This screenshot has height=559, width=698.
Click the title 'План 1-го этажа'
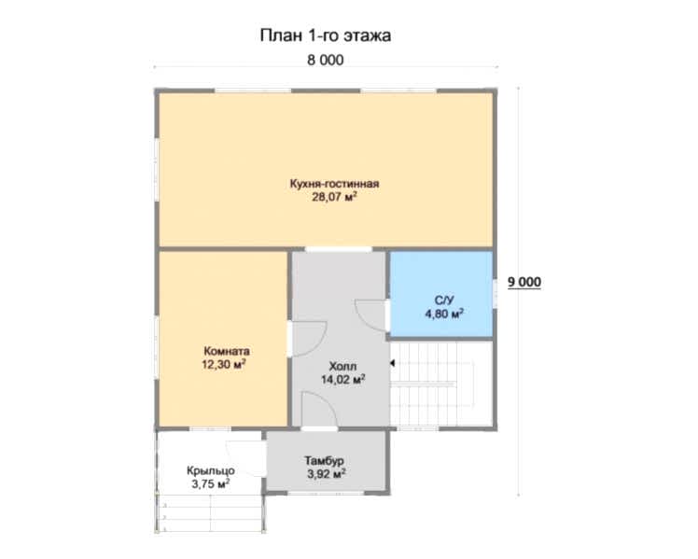click(x=326, y=35)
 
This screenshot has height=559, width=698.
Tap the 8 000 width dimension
click(x=326, y=60)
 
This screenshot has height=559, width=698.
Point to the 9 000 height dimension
click(x=524, y=282)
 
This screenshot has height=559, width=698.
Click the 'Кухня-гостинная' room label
click(x=334, y=183)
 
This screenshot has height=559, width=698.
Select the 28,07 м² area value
click(x=334, y=197)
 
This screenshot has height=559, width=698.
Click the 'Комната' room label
click(x=227, y=351)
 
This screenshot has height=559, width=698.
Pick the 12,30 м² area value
click(x=224, y=364)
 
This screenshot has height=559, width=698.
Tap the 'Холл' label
click(x=342, y=366)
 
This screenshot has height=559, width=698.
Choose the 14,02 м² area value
click(x=343, y=379)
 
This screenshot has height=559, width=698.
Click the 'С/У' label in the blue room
click(x=444, y=300)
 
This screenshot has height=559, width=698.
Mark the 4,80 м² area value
click(x=444, y=314)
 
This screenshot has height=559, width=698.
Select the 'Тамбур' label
click(x=324, y=461)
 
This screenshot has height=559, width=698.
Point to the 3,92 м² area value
click(x=327, y=474)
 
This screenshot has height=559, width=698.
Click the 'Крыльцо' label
click(x=211, y=470)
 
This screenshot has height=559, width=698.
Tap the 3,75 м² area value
click(x=211, y=483)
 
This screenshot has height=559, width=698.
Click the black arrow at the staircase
click(x=392, y=363)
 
